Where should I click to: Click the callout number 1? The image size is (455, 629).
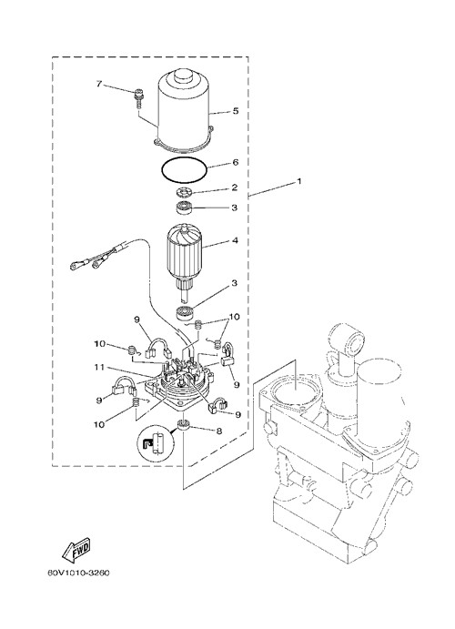(x=298, y=182)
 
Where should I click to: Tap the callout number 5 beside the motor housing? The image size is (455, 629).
(x=236, y=111)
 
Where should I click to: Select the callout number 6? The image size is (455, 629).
(x=236, y=162)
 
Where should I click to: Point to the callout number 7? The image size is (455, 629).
(x=99, y=84)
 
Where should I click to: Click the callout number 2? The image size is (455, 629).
(x=235, y=188)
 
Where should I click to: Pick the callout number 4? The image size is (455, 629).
(x=235, y=240)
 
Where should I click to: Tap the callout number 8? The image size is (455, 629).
(x=219, y=431)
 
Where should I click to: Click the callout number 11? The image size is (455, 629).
(x=99, y=367)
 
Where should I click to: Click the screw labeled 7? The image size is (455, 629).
(x=137, y=98)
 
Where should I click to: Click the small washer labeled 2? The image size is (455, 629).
(x=185, y=193)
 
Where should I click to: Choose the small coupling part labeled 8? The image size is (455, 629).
(x=184, y=425)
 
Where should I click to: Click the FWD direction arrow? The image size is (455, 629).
(x=76, y=549)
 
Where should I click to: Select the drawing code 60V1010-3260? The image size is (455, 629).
(x=78, y=573)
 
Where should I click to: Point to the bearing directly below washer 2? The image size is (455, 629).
(x=186, y=208)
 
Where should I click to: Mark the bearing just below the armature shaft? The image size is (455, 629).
(x=186, y=313)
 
